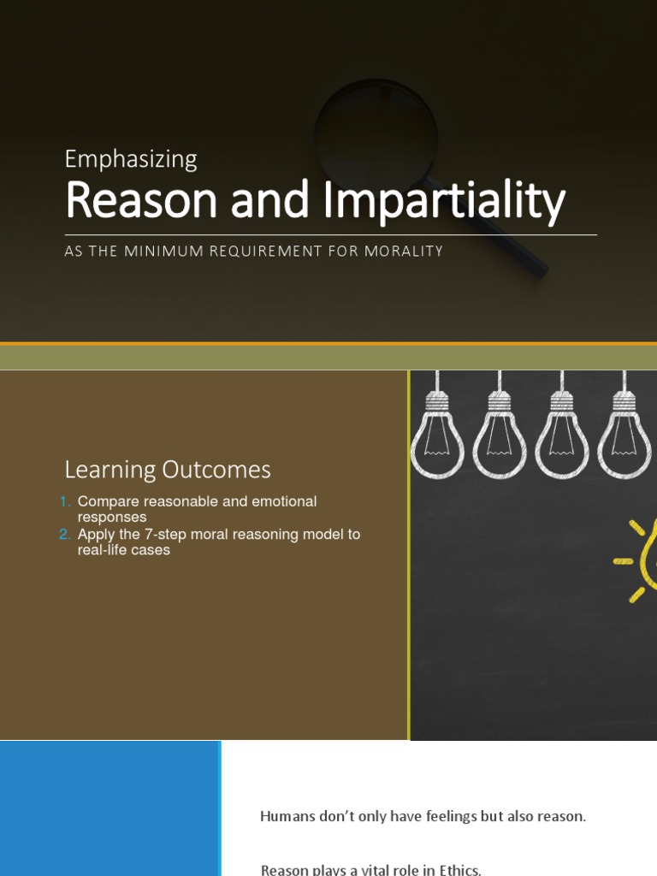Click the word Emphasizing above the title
click(x=131, y=159)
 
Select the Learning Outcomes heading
click(x=168, y=470)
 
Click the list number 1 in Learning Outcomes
click(x=65, y=501)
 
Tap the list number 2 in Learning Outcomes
click(x=65, y=535)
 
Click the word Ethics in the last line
click(x=459, y=869)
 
